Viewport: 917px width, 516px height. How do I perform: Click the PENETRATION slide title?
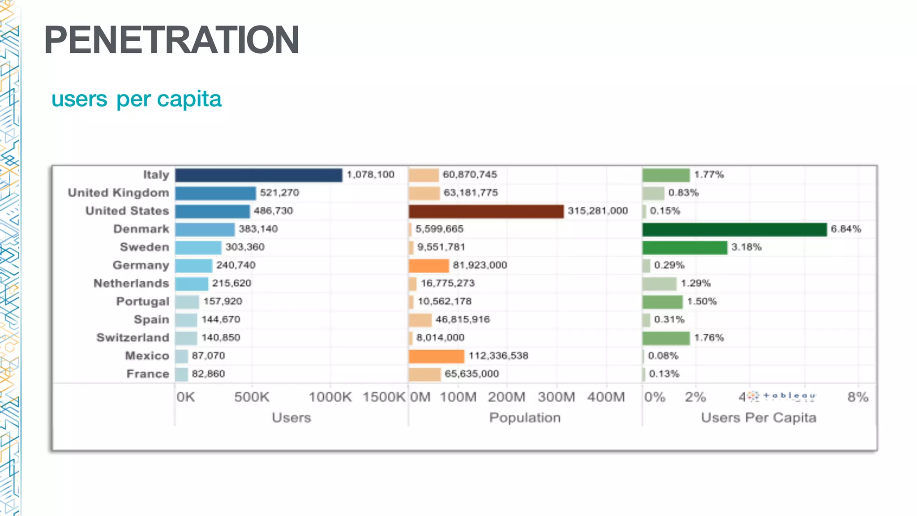click(171, 40)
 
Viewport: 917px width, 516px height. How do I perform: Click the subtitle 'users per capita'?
click(136, 99)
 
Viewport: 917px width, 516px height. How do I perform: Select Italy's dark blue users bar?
click(258, 175)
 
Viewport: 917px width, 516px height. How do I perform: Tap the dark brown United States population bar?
click(486, 211)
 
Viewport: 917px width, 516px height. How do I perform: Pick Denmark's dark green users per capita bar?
click(734, 229)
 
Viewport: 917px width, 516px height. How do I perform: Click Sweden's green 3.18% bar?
click(684, 247)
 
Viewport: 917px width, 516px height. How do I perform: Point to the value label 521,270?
click(279, 193)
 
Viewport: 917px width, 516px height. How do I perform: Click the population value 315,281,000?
click(598, 211)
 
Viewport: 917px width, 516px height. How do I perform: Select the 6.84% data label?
click(846, 229)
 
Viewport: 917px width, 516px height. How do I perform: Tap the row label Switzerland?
click(133, 338)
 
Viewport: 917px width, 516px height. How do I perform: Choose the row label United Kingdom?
click(119, 193)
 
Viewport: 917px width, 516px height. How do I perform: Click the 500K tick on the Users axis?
click(252, 397)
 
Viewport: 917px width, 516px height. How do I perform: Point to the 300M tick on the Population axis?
click(556, 397)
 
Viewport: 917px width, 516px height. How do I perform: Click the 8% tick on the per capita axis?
click(857, 397)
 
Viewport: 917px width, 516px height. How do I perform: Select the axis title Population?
click(525, 417)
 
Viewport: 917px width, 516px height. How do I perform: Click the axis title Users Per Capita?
click(758, 417)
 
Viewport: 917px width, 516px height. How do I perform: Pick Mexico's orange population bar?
click(437, 356)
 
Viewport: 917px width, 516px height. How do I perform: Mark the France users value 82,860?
click(208, 374)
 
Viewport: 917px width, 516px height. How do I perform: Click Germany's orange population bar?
click(429, 265)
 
